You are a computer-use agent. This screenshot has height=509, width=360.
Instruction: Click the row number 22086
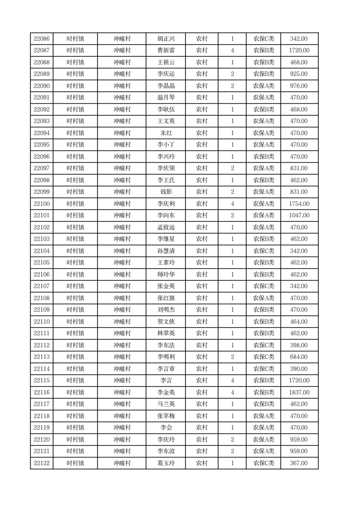[42, 39]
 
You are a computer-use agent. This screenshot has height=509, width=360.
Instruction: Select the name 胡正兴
[165, 39]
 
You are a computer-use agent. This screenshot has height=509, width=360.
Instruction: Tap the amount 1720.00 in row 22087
[299, 51]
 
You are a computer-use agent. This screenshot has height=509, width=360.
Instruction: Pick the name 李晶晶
[165, 86]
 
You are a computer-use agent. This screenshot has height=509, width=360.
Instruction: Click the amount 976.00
[299, 86]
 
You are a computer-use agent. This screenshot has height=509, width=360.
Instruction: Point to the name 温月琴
[165, 98]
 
